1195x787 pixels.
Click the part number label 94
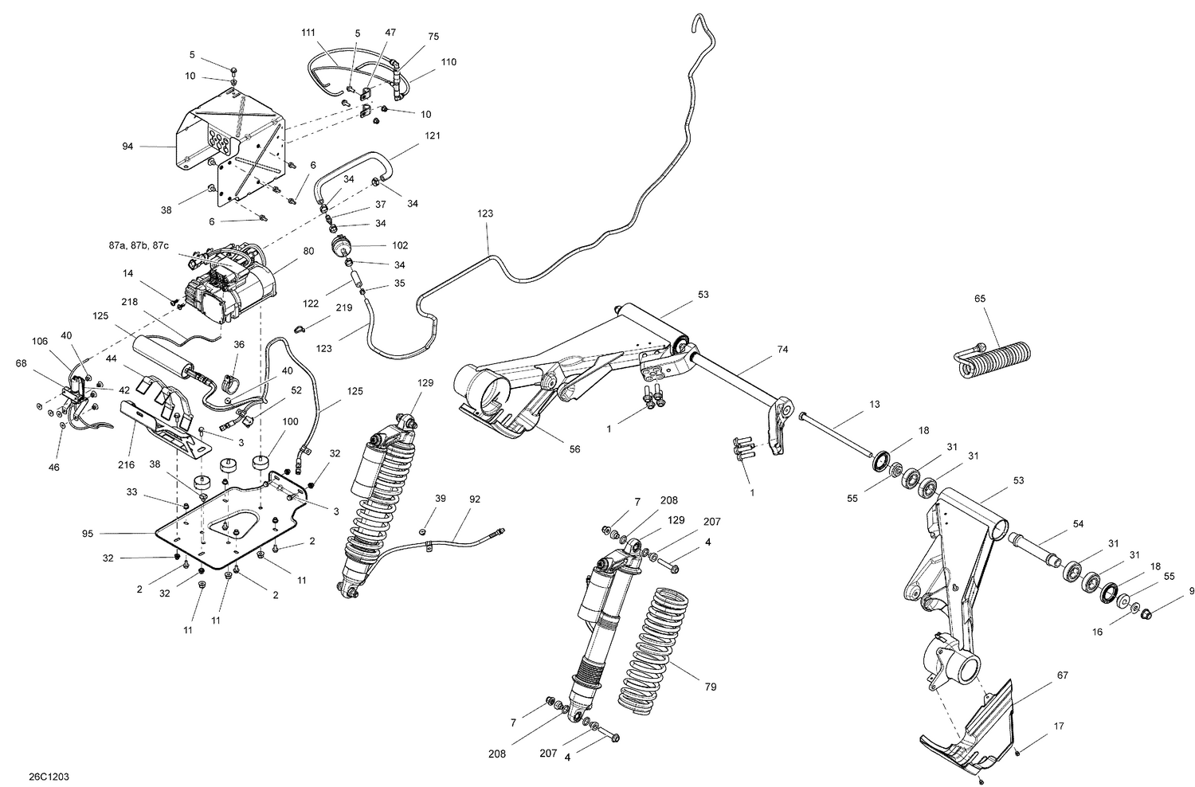(x=127, y=147)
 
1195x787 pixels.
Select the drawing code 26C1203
(x=49, y=774)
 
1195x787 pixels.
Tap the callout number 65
(x=979, y=299)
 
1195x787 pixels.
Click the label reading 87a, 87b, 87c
(x=139, y=246)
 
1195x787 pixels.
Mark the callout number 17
(x=1058, y=726)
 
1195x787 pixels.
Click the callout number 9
(x=1192, y=591)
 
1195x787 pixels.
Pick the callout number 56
(x=574, y=449)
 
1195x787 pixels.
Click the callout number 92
(x=474, y=500)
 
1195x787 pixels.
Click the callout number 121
(x=432, y=135)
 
